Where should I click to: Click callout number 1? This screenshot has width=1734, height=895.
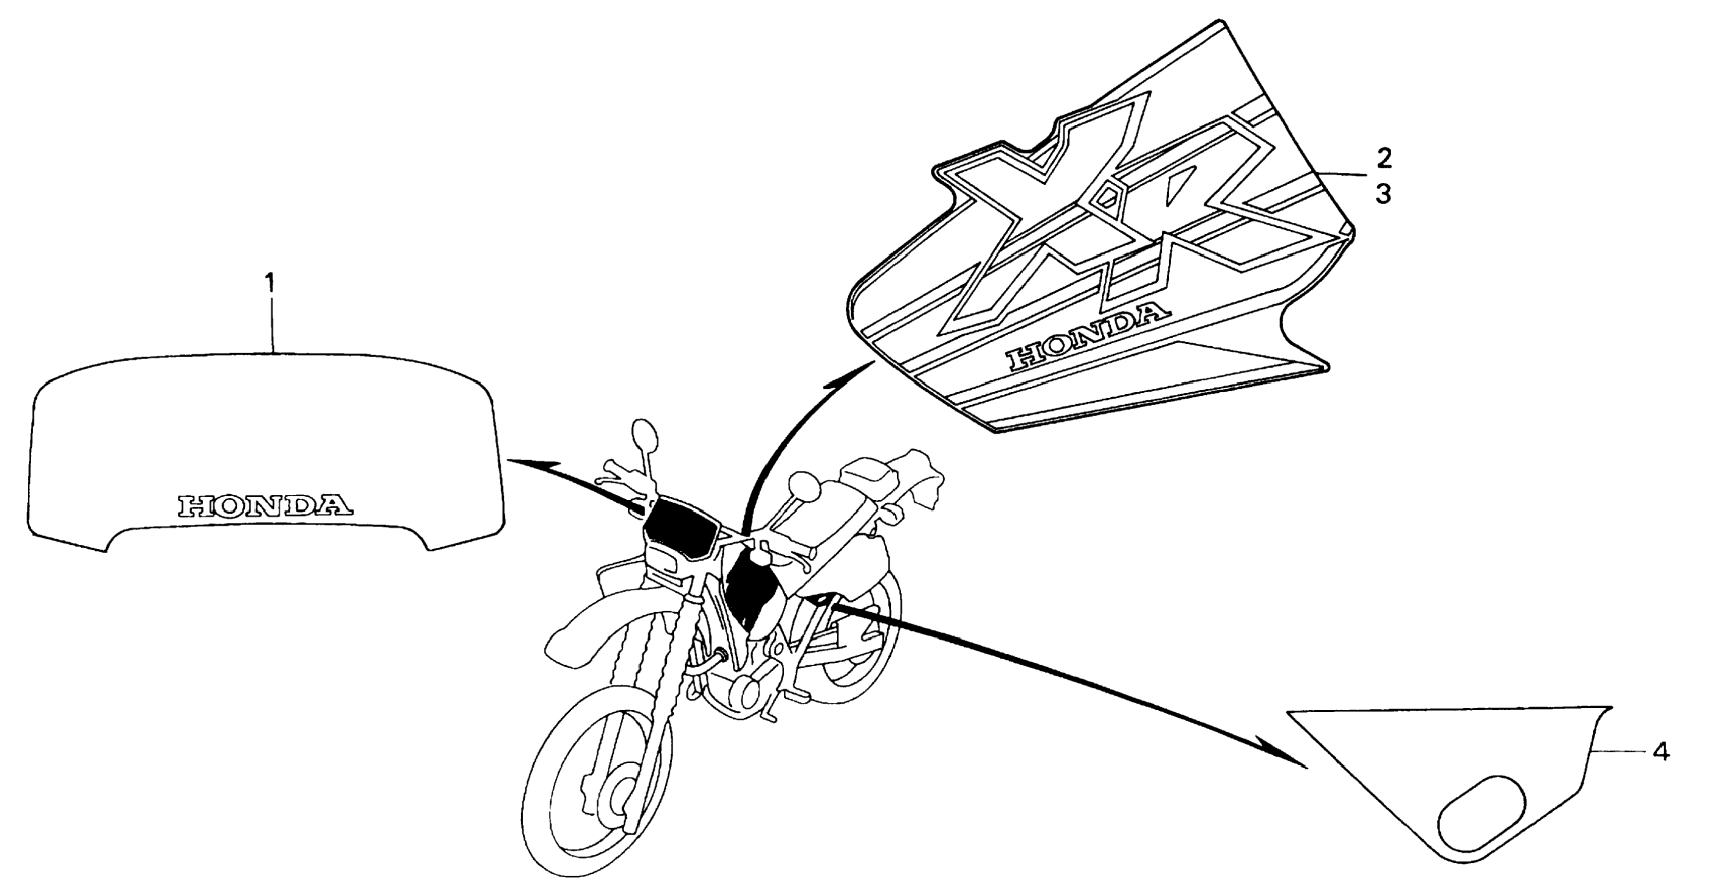point(269,283)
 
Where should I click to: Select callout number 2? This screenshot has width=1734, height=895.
point(1383,159)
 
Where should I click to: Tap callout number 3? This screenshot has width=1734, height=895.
point(1383,195)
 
